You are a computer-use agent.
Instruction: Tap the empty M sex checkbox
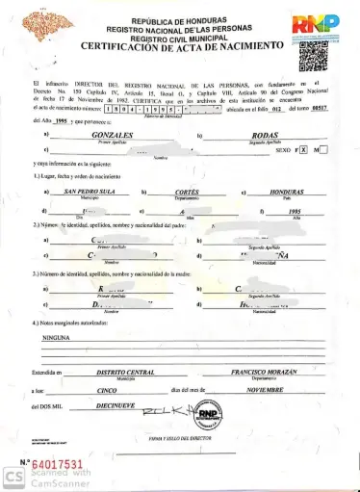323,150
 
